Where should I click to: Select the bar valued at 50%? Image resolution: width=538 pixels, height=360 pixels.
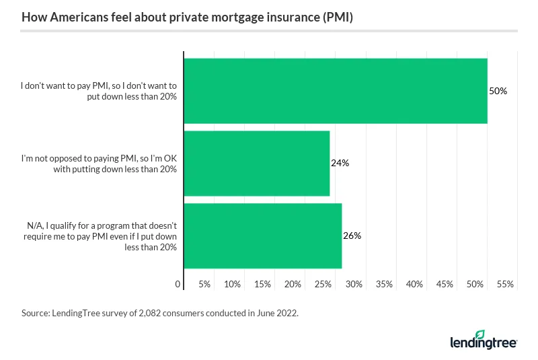point(335,91)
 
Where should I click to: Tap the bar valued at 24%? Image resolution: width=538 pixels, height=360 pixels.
point(256,163)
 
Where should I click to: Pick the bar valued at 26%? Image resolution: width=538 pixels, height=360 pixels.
point(262,236)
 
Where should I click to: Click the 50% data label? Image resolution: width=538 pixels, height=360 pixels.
point(498,91)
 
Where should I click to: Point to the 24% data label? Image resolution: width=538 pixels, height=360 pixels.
point(340,163)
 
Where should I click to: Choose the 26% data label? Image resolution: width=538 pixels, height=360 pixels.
point(352,236)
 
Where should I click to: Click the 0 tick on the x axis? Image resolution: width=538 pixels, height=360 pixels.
point(178,285)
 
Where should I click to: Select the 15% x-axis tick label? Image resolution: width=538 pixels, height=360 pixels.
point(262,285)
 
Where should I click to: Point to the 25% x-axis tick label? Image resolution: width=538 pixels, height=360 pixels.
point(323,285)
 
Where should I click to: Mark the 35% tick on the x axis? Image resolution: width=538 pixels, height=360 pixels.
point(384,285)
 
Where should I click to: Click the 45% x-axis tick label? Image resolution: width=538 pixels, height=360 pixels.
point(445,285)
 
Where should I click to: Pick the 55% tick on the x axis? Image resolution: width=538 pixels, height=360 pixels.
point(505,285)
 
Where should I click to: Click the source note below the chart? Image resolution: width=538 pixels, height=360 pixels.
point(159,314)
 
